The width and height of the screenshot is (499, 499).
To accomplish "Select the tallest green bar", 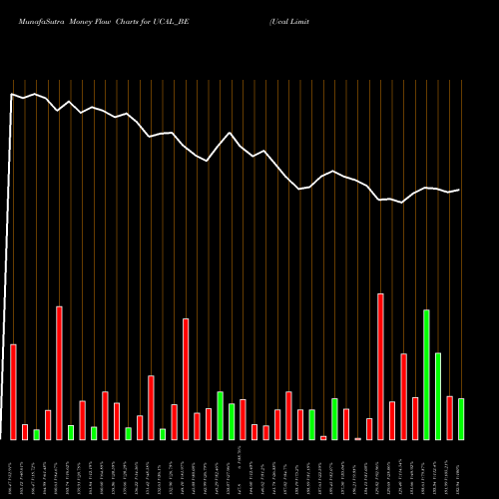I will tap(426, 374).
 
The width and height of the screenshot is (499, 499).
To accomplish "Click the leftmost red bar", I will tap(13, 391).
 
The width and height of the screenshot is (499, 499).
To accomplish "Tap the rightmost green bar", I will tap(461, 419).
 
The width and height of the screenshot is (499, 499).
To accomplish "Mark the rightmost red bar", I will tap(449, 417).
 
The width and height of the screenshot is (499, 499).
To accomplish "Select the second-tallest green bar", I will tap(438, 396).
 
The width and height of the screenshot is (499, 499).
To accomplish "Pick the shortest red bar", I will tap(357, 438).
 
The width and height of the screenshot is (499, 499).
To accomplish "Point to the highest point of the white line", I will tap(13, 94).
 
